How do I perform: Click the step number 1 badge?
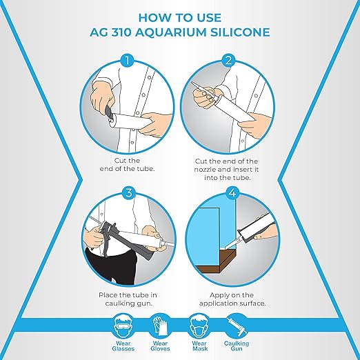click(x=127, y=61)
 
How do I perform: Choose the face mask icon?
click(x=198, y=326)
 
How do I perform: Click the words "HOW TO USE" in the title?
click(x=179, y=17)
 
